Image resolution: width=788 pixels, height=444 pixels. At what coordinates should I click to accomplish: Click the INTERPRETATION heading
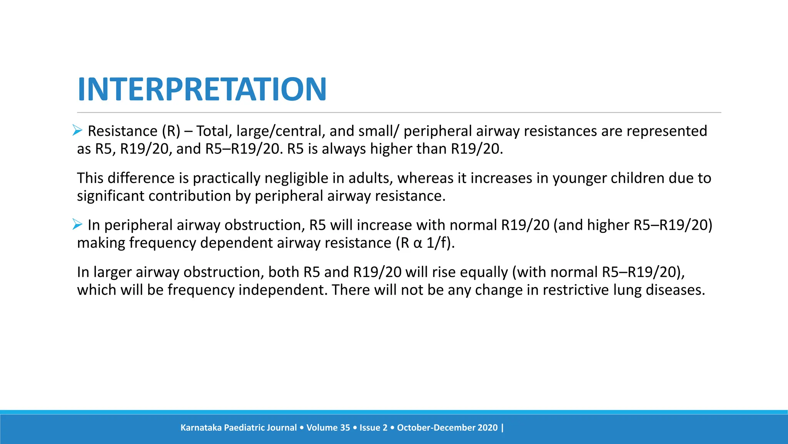202,89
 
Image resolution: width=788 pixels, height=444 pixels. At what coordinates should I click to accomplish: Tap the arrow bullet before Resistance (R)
77,131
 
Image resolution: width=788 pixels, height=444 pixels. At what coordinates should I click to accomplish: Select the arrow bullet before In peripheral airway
77,224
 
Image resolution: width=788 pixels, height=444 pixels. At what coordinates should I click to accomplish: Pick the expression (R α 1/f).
425,243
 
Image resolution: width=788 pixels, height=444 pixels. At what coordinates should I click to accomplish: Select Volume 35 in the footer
328,427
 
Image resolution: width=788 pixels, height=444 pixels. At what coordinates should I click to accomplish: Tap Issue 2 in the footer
373,427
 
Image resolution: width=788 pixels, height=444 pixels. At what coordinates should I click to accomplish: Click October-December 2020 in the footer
447,427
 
